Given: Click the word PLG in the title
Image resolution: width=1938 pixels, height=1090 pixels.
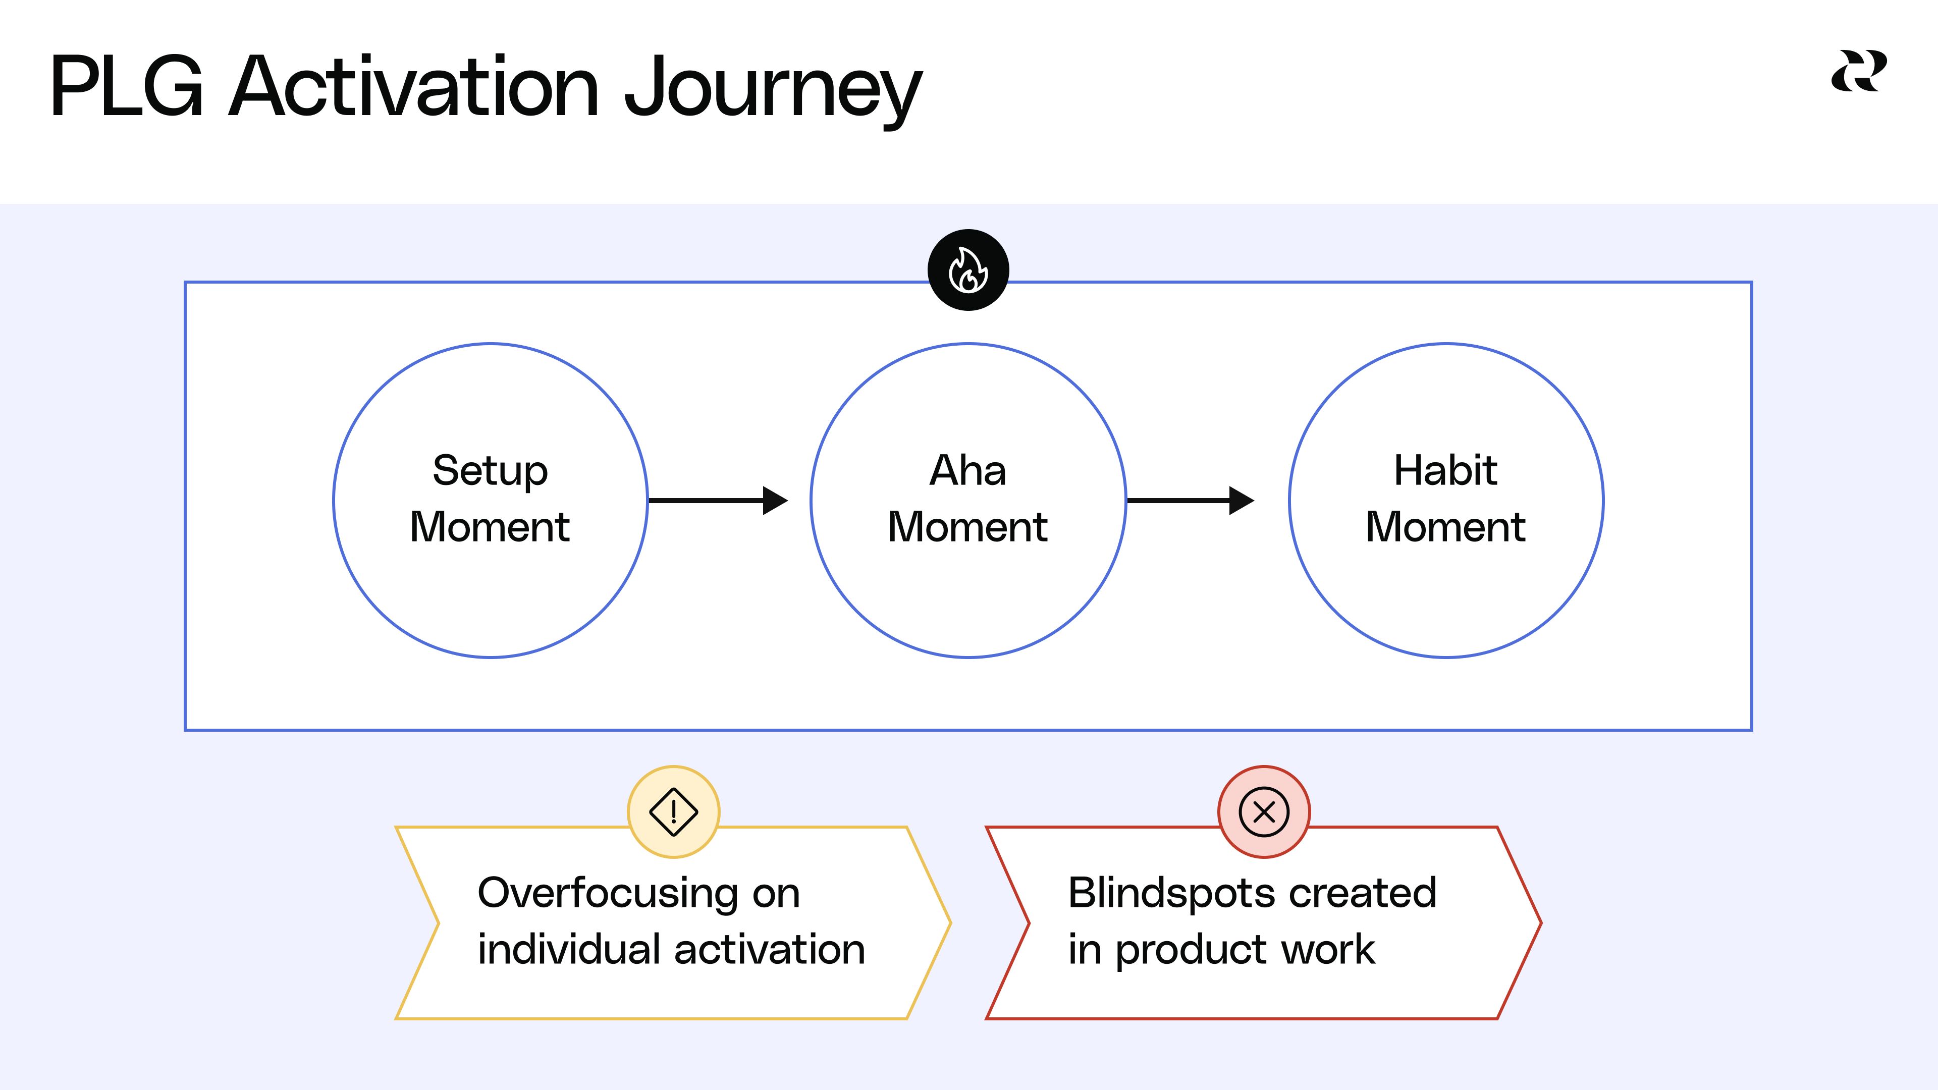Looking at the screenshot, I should click(126, 87).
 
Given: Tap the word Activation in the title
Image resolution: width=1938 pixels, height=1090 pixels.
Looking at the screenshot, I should click(414, 87).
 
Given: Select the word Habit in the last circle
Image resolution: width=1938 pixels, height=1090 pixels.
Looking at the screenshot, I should click(1445, 471).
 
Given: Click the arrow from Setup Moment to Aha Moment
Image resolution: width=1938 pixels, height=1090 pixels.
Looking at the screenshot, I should click(717, 500).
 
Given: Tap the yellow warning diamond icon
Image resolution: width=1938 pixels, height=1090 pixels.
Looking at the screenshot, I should click(673, 811).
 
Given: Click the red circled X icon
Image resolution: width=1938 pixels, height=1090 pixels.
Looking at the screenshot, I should click(1264, 811).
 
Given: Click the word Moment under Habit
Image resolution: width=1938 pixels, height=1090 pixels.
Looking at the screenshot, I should click(1445, 526).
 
